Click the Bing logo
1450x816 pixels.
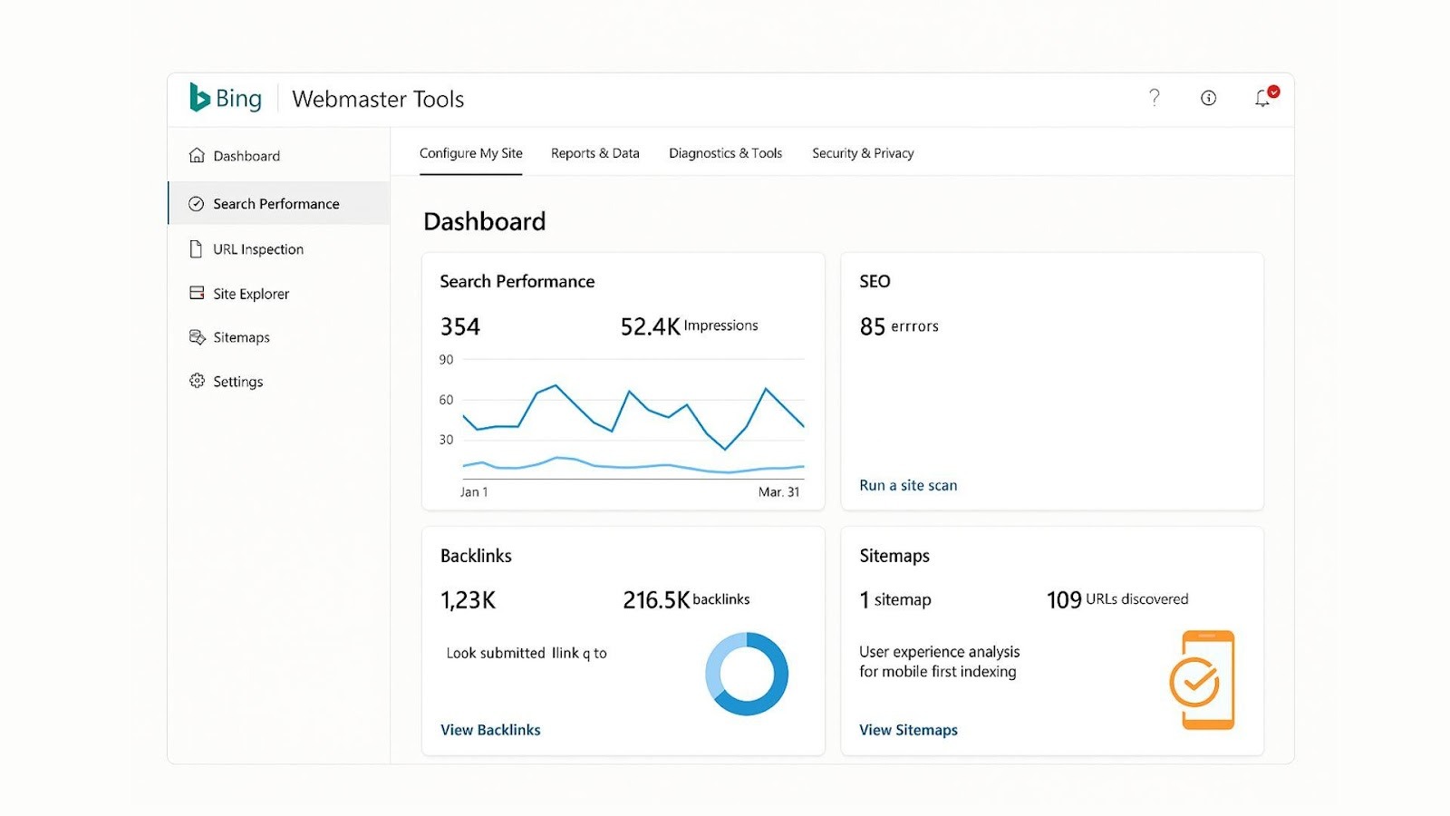pyautogui.click(x=226, y=98)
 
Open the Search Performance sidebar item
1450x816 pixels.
pyautogui.click(x=275, y=204)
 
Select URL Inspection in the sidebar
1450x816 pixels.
pyautogui.click(x=257, y=249)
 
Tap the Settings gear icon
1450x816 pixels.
pyautogui.click(x=197, y=381)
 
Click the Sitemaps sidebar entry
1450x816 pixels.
pyautogui.click(x=241, y=337)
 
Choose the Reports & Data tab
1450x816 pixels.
pyautogui.click(x=594, y=153)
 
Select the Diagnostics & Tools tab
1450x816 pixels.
pyautogui.click(x=725, y=153)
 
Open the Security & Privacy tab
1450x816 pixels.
pyautogui.click(x=863, y=153)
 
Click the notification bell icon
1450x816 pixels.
pyautogui.click(x=1262, y=98)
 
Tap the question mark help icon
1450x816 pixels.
pyautogui.click(x=1154, y=97)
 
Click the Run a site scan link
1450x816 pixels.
pyautogui.click(x=908, y=485)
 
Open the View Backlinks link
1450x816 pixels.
pyautogui.click(x=490, y=730)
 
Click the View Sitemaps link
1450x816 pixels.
pyautogui.click(x=908, y=730)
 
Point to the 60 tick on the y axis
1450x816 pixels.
pyautogui.click(x=446, y=400)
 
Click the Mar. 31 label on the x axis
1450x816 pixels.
pyautogui.click(x=778, y=492)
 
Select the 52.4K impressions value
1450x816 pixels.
pyautogui.click(x=650, y=326)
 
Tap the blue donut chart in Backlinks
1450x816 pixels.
pyautogui.click(x=747, y=674)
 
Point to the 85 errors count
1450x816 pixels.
pyautogui.click(x=873, y=326)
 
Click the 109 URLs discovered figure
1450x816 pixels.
pyautogui.click(x=1064, y=600)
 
